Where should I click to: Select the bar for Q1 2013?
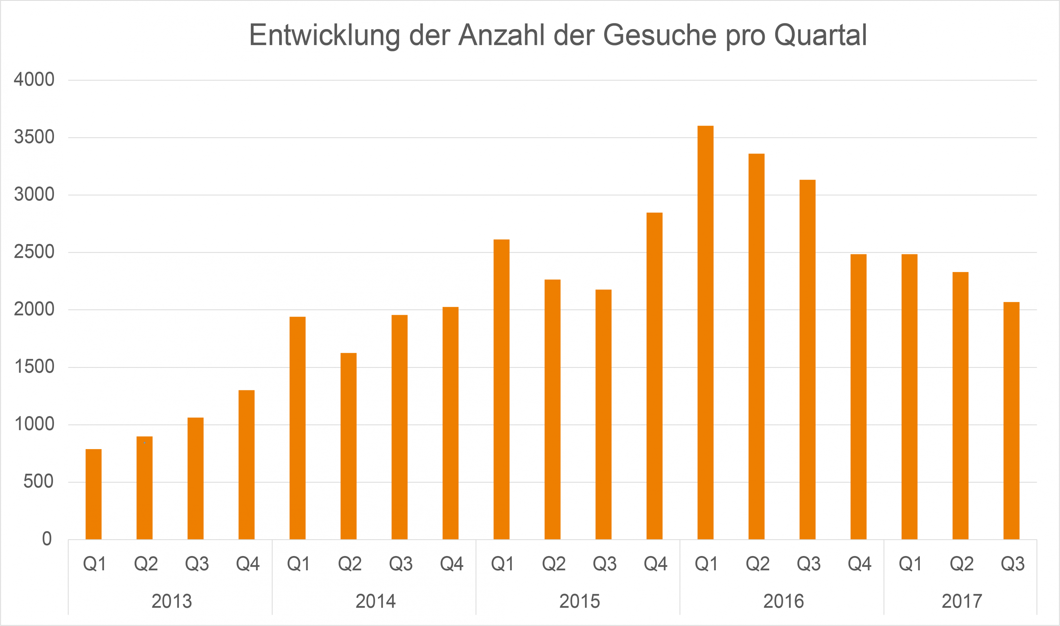coord(93,494)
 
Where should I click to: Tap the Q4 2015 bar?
coord(654,376)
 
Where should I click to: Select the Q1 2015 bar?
coord(502,389)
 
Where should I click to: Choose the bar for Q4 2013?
coord(246,465)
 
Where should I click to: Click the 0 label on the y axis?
coord(47,539)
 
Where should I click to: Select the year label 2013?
coord(172,601)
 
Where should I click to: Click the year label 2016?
coord(783,601)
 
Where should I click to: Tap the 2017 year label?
coord(962,601)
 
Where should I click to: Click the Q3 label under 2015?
coord(605,564)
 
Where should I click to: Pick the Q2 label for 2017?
coord(961,564)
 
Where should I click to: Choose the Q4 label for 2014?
coord(451,564)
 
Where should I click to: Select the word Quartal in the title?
coord(820,35)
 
